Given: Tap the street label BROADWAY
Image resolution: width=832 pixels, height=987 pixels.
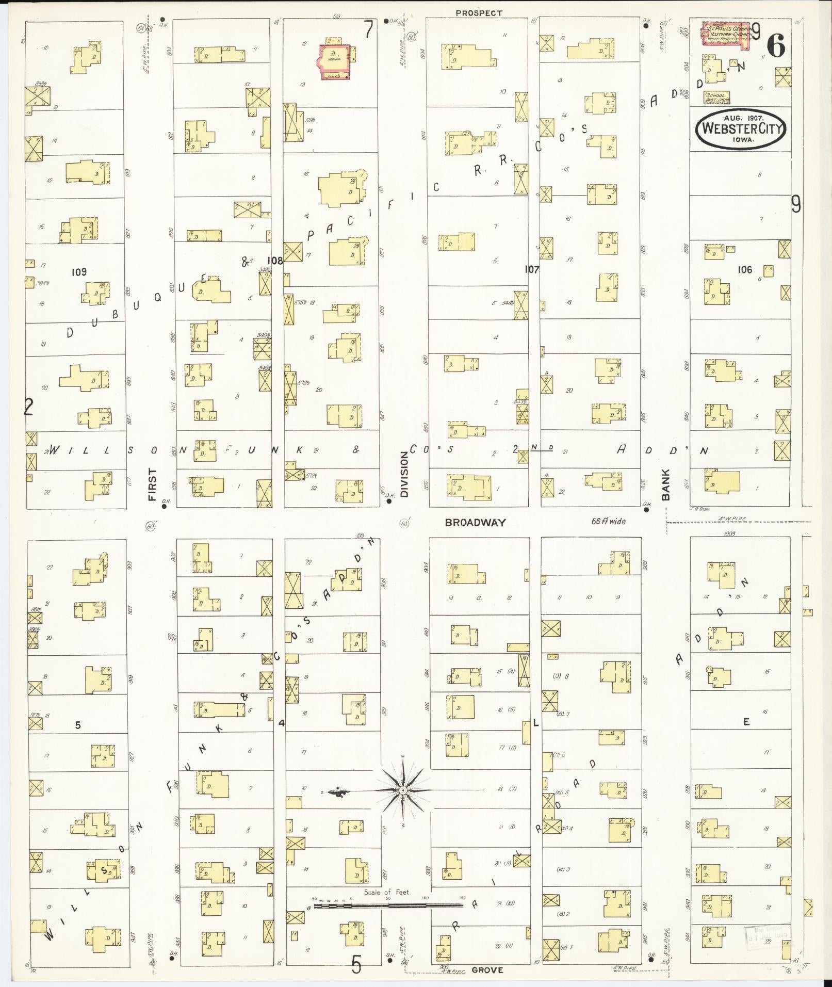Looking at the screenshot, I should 475,522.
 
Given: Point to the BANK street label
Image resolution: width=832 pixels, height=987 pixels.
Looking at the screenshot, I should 665,484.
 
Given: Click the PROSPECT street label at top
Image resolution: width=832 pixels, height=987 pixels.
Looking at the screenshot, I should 479,12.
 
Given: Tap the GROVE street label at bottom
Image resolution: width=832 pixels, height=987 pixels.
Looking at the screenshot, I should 487,970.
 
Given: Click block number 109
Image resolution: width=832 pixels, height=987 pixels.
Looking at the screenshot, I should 79,271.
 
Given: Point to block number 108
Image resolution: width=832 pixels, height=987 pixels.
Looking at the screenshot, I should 274,261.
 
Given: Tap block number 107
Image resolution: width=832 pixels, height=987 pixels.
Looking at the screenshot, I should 531,269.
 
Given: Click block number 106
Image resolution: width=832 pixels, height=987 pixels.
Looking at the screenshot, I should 744,269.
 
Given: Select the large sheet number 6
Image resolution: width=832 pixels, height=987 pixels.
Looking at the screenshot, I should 776,47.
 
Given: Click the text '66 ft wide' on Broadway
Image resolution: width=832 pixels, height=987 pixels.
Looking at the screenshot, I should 608,521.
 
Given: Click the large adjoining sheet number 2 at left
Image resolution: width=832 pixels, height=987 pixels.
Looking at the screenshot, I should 29,408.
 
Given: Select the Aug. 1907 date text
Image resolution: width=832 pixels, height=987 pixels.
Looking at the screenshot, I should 740,118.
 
